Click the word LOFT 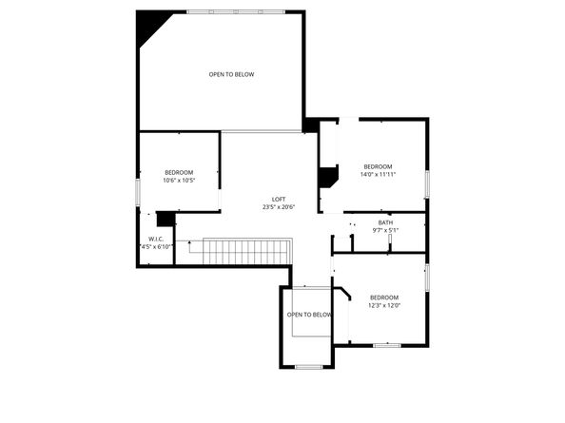(x=279, y=199)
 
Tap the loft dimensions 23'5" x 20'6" (x=279, y=207)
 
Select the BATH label (x=385, y=222)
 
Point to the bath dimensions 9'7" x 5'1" (x=385, y=230)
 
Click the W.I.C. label (x=156, y=239)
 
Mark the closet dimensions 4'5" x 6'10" (x=156, y=247)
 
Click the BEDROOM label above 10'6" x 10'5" (x=179, y=172)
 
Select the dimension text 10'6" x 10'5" (x=179, y=181)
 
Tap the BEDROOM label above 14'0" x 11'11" (x=378, y=166)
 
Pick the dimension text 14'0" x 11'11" (x=378, y=175)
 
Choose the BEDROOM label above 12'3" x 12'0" (x=384, y=297)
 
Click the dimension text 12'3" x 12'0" (x=384, y=305)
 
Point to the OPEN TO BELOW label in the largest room (x=232, y=74)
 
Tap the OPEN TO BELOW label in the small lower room (x=309, y=315)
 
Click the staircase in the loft (x=246, y=252)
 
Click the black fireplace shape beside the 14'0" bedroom (x=329, y=178)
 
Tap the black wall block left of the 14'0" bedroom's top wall (x=311, y=125)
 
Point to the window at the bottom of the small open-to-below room (x=309, y=366)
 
